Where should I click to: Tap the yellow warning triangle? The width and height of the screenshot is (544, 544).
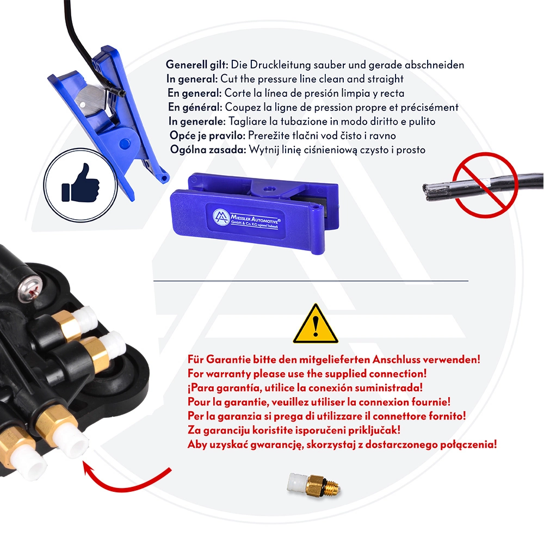pyautogui.click(x=316, y=324)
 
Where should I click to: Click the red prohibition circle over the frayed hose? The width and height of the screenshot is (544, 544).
pyautogui.click(x=485, y=185)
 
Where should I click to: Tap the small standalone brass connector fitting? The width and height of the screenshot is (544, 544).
pyautogui.click(x=314, y=483)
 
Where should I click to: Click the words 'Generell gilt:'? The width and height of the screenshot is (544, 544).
pyautogui.click(x=197, y=65)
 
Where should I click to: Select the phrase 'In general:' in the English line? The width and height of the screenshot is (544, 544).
pyautogui.click(x=192, y=79)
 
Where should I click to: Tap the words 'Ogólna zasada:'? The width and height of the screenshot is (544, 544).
pyautogui.click(x=208, y=150)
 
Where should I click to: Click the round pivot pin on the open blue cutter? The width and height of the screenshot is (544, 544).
pyautogui.click(x=125, y=143)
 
